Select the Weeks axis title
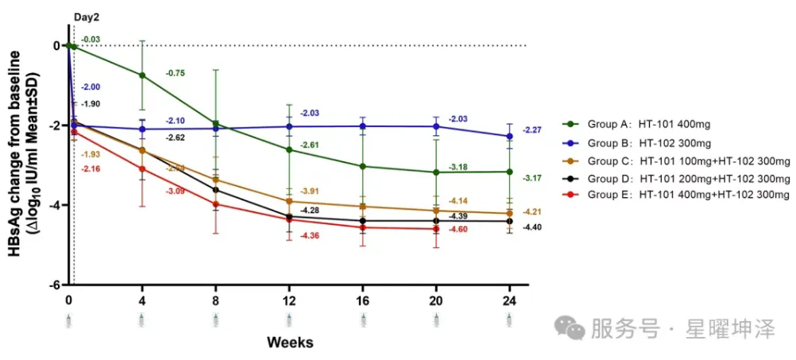pyautogui.click(x=289, y=343)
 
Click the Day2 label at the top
pyautogui.click(x=87, y=16)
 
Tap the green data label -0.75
pyautogui.click(x=176, y=73)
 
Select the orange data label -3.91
pyautogui.click(x=312, y=192)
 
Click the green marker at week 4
pyautogui.click(x=142, y=75)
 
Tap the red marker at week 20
pyautogui.click(x=435, y=229)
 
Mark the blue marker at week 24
pyautogui.click(x=509, y=136)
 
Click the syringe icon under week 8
pyautogui.click(x=215, y=319)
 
